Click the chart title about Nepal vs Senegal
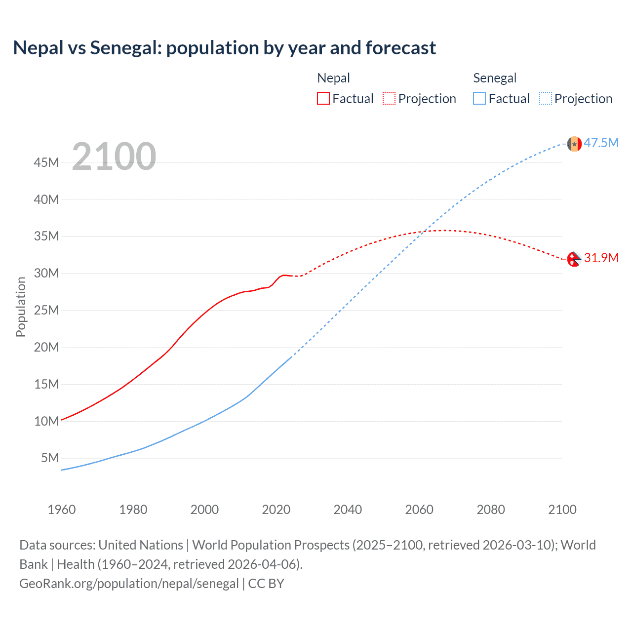[x=224, y=48]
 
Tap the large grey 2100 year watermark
[x=114, y=157]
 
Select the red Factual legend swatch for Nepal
[x=323, y=99]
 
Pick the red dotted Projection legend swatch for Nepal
[x=389, y=99]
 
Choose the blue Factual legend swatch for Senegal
[x=479, y=99]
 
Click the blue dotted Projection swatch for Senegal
[x=545, y=99]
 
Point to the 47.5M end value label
[x=601, y=143]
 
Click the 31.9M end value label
[x=601, y=258]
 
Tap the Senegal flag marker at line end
[x=574, y=144]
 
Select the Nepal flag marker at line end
[x=574, y=259]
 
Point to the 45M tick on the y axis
[x=46, y=162]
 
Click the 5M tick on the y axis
[x=49, y=458]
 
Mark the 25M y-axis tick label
[x=46, y=310]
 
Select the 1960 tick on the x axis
[x=62, y=510]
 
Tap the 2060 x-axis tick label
[x=419, y=510]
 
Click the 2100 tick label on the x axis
[x=562, y=510]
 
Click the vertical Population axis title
[x=21, y=307]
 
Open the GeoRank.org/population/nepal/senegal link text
[x=129, y=584]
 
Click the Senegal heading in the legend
[x=495, y=78]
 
